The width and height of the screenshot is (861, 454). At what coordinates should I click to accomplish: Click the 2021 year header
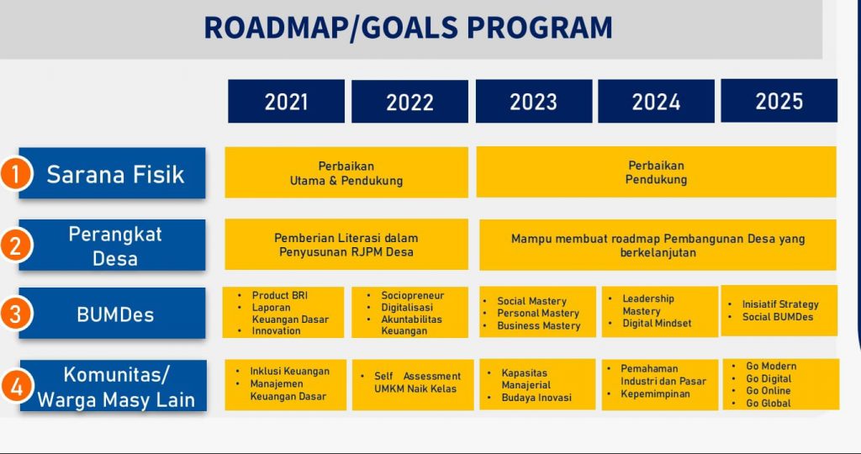coord(286,102)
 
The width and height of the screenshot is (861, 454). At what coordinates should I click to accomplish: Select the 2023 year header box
coord(534,102)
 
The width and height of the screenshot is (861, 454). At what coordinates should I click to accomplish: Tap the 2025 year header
coord(779,101)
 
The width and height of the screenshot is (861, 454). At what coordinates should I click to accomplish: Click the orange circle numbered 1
coord(15,174)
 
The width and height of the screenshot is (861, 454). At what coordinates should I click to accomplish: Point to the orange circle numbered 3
coord(15,314)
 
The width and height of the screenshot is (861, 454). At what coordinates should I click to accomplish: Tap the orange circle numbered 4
coord(17,387)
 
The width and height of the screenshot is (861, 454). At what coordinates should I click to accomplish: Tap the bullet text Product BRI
coord(280,295)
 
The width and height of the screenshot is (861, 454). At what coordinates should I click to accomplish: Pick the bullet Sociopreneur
coord(412,295)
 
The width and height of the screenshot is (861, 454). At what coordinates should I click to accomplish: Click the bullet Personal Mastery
coord(538,314)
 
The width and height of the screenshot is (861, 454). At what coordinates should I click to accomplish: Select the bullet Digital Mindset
coord(657,324)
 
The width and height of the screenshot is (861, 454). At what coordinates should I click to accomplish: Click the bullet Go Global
coord(769,403)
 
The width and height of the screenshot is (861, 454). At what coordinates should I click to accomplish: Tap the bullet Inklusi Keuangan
coord(290,371)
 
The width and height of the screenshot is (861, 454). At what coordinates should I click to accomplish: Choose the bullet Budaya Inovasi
coord(536,398)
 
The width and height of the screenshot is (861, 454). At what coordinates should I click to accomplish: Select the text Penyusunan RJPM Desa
coord(346,252)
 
